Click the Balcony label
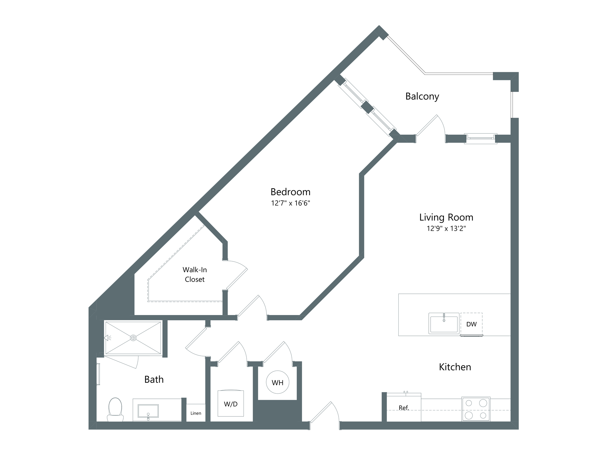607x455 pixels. (422, 96)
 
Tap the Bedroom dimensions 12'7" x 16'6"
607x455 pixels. (291, 203)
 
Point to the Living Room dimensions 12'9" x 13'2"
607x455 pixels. (446, 228)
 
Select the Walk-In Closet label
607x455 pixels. (195, 275)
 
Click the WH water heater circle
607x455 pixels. (278, 382)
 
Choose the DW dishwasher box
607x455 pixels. (471, 324)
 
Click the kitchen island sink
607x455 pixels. (444, 323)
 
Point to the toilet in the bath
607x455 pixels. (115, 409)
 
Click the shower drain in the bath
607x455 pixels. (133, 338)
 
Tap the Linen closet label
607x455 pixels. (196, 413)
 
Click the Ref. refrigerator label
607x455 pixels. (404, 408)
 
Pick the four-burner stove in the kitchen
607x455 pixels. (476, 409)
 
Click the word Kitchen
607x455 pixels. (455, 367)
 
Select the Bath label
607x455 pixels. (154, 379)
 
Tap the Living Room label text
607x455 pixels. (446, 217)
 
